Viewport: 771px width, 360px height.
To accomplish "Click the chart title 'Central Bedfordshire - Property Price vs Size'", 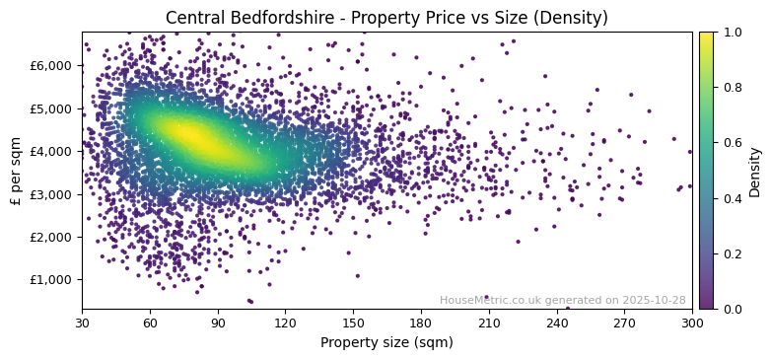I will pos(386,18).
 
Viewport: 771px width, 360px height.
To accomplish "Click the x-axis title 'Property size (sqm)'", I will pos(386,343).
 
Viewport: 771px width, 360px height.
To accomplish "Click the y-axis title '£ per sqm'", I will pos(16,171).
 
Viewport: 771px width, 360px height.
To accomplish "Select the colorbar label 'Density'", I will pos(755,171).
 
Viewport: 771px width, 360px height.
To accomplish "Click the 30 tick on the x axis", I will pos(82,323).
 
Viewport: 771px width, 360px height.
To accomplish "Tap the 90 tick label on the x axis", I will pos(218,323).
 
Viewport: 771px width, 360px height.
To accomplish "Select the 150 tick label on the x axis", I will pos(353,323).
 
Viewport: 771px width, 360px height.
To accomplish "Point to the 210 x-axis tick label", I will pos(489,323).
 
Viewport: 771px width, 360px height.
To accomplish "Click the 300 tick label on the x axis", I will pos(692,323).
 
